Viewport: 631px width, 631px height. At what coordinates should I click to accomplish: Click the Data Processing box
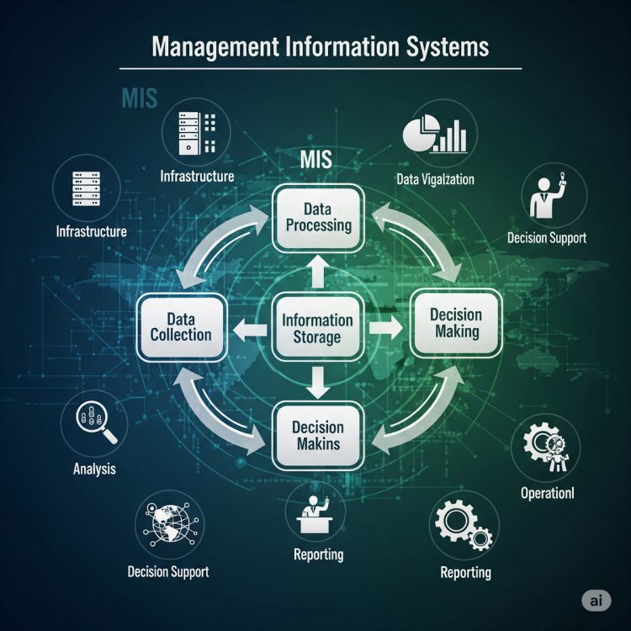pyautogui.click(x=318, y=218)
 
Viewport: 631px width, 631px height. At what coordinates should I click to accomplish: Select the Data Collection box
pyautogui.click(x=181, y=327)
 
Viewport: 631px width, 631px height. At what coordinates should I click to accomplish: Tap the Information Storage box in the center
pyautogui.click(x=317, y=327)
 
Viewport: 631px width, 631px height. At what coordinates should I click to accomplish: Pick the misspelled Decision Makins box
pyautogui.click(x=318, y=436)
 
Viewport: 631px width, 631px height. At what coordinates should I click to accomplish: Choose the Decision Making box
pyautogui.click(x=456, y=323)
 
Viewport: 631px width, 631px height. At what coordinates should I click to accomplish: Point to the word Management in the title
pyautogui.click(x=215, y=47)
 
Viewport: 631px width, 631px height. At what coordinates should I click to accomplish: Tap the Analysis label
pyautogui.click(x=94, y=469)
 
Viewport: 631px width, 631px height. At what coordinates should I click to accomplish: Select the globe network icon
pyautogui.click(x=169, y=524)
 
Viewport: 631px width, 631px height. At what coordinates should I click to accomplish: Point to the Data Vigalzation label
pyautogui.click(x=435, y=179)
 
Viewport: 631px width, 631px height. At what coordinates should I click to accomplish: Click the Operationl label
pyautogui.click(x=548, y=493)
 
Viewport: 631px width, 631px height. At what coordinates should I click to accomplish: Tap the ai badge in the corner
pyautogui.click(x=596, y=601)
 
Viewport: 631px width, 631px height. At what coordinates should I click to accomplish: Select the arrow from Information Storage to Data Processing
pyautogui.click(x=318, y=272)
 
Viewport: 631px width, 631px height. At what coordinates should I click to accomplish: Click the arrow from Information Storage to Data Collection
pyautogui.click(x=250, y=330)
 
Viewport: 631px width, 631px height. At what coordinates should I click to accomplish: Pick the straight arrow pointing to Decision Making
pyautogui.click(x=385, y=328)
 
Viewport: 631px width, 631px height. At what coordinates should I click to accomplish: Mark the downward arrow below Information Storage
pyautogui.click(x=318, y=383)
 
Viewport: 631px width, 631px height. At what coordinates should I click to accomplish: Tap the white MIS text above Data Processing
pyautogui.click(x=315, y=159)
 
